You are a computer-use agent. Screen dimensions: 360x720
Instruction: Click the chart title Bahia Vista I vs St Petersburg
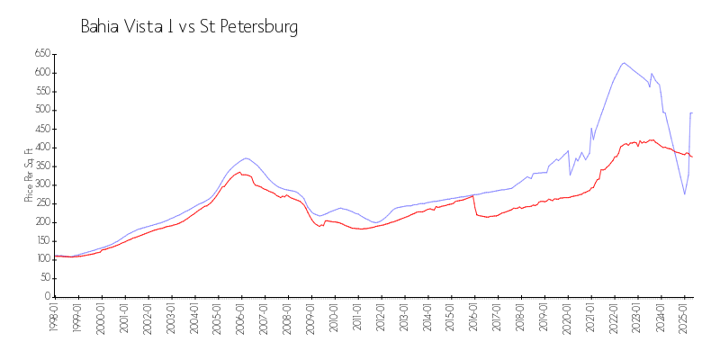coord(189,27)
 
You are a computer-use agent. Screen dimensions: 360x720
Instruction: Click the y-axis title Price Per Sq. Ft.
coord(29,175)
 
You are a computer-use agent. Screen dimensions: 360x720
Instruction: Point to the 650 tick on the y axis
coord(40,53)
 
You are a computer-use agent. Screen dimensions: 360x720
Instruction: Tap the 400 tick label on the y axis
coord(40,147)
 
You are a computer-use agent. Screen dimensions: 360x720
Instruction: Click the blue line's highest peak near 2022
coord(624,63)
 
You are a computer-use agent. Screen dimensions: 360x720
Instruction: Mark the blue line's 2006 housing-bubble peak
coord(245,158)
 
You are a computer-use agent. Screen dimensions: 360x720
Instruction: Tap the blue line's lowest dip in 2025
coord(685,194)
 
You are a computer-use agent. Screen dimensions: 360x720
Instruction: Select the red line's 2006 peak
coord(239,172)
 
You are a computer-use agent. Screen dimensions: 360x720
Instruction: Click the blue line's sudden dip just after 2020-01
coord(570,175)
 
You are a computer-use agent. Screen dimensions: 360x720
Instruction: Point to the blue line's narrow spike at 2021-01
coord(591,128)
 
